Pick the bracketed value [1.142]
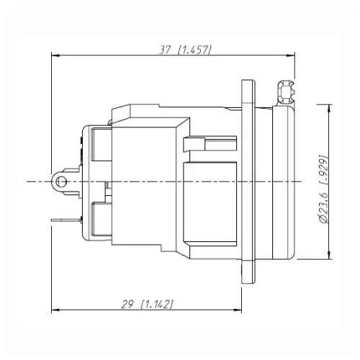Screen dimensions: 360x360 (x=157, y=305)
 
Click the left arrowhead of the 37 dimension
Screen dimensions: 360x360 (x=55, y=55)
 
